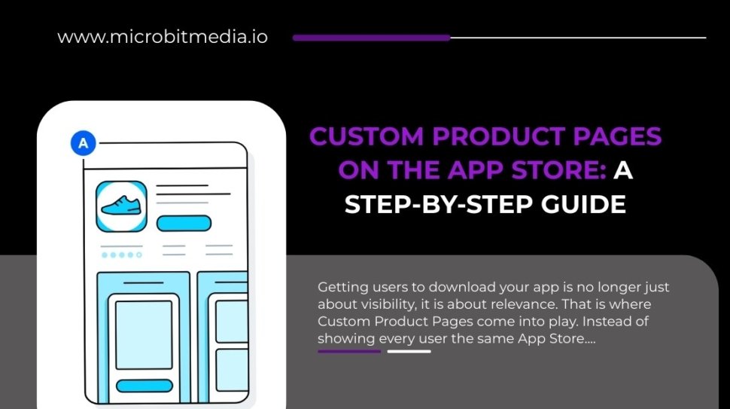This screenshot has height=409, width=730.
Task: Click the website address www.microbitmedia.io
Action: click(x=162, y=37)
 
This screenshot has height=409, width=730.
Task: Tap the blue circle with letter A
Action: click(x=84, y=143)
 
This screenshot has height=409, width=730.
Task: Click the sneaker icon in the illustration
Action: click(x=121, y=206)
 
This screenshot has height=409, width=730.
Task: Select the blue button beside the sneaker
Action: click(x=184, y=223)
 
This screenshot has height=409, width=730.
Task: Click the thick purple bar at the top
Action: click(x=371, y=37)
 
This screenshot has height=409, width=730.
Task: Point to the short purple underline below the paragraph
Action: click(x=349, y=351)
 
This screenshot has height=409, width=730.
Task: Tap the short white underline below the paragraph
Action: click(x=409, y=351)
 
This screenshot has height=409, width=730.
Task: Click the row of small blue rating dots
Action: click(x=121, y=255)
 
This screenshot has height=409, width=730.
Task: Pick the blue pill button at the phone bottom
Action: click(x=144, y=386)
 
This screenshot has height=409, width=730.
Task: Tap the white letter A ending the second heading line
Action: click(x=623, y=171)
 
